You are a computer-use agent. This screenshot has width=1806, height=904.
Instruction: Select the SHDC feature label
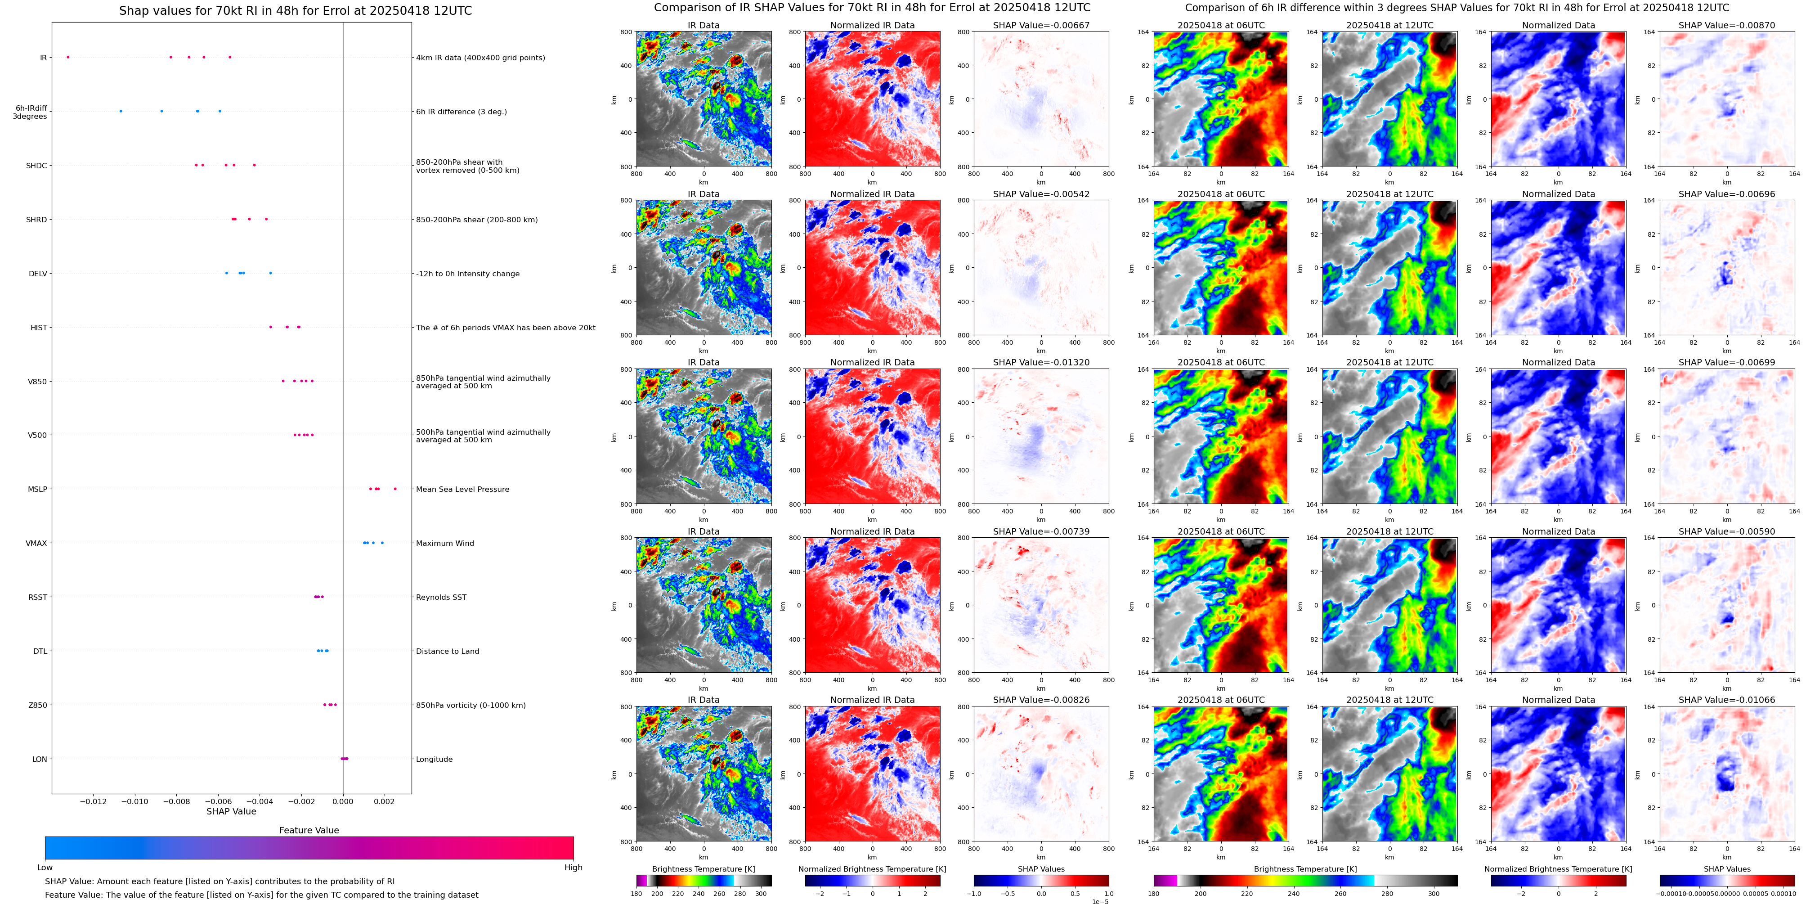[x=36, y=166]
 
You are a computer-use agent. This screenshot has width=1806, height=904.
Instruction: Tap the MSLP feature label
[x=37, y=489]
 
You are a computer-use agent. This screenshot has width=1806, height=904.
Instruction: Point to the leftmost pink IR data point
[x=67, y=57]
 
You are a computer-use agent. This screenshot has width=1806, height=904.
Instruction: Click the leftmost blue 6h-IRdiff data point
[x=121, y=111]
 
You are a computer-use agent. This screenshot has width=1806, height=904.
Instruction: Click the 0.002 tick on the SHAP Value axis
[x=384, y=801]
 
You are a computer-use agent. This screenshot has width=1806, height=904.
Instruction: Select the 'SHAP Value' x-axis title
[x=231, y=811]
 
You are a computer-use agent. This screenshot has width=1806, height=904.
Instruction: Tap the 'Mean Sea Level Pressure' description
[x=463, y=489]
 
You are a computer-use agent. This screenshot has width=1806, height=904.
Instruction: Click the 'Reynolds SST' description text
[x=441, y=597]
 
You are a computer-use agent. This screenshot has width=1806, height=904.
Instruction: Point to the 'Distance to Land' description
[x=447, y=651]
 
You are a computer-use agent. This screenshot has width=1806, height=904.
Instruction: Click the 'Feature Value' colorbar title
[x=309, y=830]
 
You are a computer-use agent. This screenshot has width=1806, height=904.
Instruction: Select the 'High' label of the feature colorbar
[x=574, y=868]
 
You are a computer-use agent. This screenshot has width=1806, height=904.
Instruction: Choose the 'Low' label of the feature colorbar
[x=45, y=868]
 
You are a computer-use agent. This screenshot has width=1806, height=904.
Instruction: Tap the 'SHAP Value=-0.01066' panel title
[x=1727, y=700]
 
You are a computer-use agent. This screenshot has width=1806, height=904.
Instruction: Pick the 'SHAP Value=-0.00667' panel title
[x=1041, y=25]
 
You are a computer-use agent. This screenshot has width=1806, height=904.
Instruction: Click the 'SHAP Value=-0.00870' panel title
[x=1727, y=25]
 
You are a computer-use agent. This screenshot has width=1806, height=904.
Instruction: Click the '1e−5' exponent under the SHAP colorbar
[x=1100, y=901]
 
